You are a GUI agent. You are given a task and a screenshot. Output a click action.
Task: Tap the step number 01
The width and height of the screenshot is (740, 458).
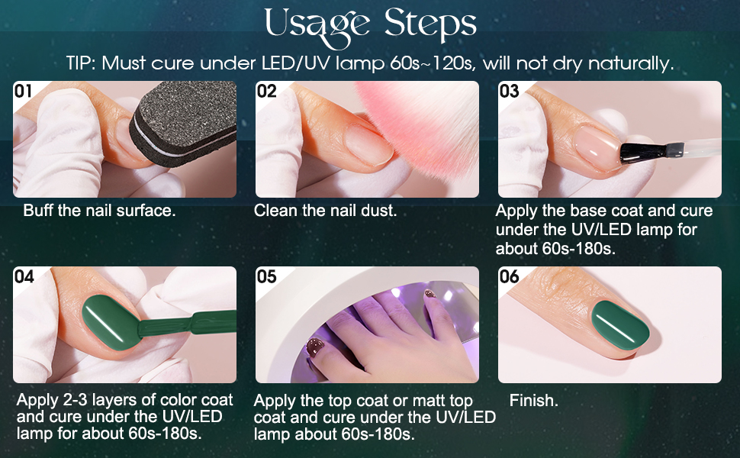coord(23,91)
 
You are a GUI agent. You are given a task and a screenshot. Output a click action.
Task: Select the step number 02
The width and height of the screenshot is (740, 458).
coord(267,91)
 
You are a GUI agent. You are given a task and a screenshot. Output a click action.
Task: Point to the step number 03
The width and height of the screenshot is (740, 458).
coord(509,91)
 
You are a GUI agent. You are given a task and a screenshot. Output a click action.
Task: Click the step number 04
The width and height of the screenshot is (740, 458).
coord(24,276)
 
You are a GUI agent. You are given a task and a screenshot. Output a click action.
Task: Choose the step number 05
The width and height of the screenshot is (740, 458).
coord(267,276)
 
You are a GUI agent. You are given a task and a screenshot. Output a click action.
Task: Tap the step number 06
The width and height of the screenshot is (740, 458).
coord(509,276)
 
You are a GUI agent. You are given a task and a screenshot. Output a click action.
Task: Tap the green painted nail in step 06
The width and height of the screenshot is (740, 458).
coord(620,325)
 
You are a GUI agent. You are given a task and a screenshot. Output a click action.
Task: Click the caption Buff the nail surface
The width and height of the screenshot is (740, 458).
coord(99,211)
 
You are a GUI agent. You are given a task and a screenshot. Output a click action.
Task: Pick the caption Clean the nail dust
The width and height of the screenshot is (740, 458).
coord(325,211)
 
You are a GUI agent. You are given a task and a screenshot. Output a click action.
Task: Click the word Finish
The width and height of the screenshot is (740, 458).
coord(534,401)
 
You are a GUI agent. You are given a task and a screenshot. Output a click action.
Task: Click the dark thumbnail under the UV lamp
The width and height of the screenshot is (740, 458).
coord(314,348)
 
